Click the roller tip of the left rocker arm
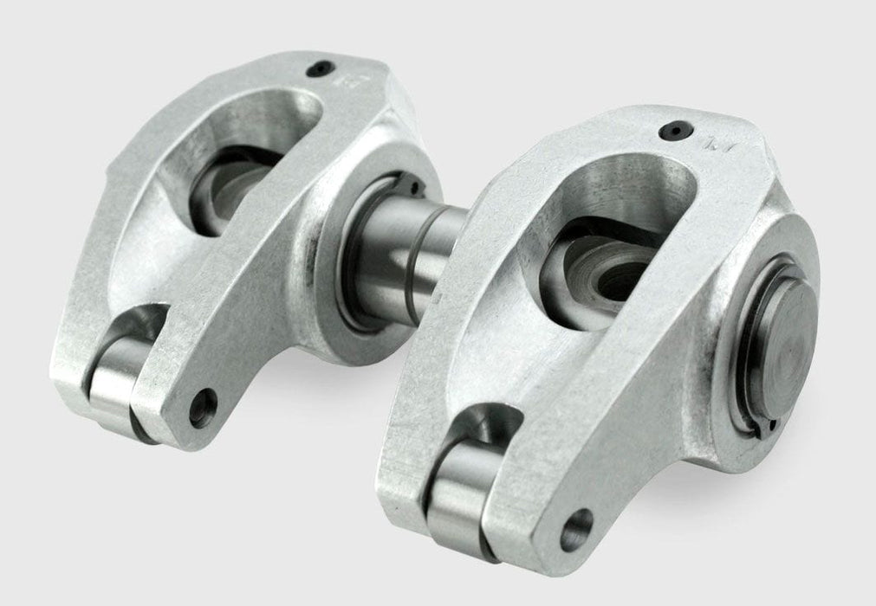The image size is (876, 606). pyautogui.click(x=114, y=384)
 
